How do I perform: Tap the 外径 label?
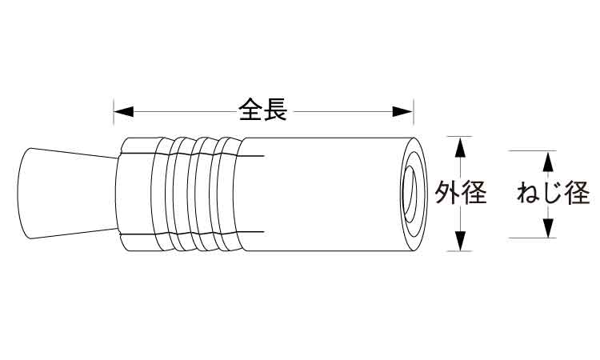(462, 193)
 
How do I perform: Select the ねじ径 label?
(554, 193)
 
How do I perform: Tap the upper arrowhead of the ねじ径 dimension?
(548, 161)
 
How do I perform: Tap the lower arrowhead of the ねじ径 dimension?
(548, 228)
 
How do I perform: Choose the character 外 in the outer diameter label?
(448, 193)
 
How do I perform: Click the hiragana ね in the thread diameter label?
(529, 193)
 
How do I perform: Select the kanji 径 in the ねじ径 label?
(577, 193)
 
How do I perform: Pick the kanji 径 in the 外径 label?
(474, 193)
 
